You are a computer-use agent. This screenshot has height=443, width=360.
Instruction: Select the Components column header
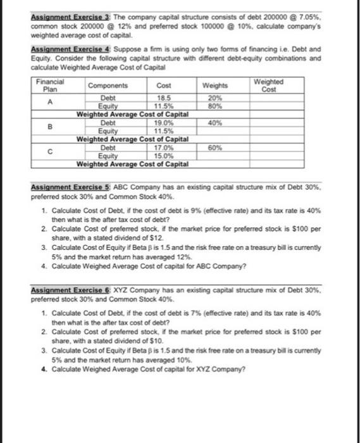108,85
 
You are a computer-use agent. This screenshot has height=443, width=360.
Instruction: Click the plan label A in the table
49,101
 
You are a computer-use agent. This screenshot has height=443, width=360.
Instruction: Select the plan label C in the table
49,151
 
